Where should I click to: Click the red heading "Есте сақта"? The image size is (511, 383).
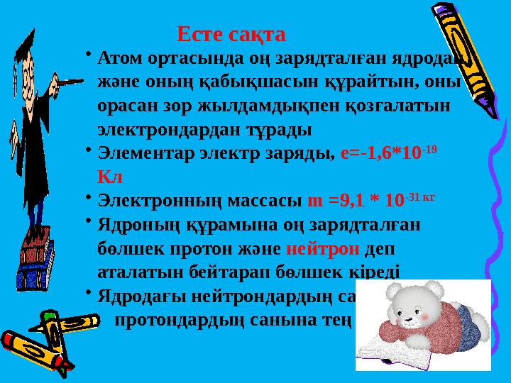tap(231, 34)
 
